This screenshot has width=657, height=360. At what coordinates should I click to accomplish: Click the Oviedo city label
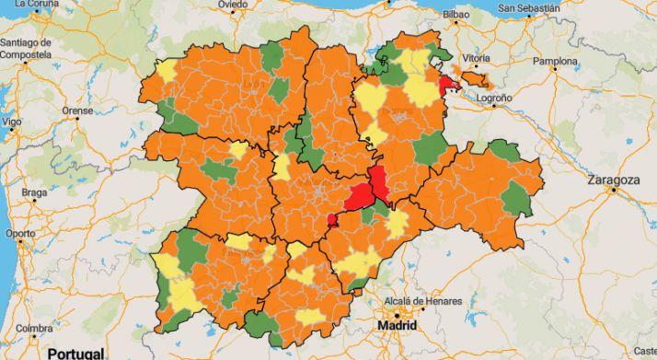tap(232, 5)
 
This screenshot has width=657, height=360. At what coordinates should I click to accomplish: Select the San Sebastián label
tap(528, 8)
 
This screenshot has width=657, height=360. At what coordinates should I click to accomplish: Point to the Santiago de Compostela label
tap(27, 49)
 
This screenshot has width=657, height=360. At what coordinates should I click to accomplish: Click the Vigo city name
tap(11, 122)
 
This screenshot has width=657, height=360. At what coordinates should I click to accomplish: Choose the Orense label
tap(77, 110)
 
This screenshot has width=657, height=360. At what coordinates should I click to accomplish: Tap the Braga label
tap(34, 192)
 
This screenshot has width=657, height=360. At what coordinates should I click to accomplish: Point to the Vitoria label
tap(476, 57)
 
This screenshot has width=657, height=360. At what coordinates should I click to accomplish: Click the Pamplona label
tap(555, 62)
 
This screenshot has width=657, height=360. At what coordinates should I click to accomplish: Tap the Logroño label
tap(494, 97)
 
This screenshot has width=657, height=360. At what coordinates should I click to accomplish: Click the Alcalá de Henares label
tap(417, 300)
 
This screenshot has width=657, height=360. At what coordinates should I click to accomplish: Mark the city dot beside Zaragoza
tap(613, 191)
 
